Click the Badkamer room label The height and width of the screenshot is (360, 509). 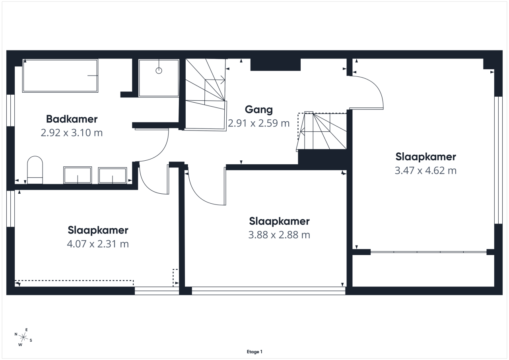72,119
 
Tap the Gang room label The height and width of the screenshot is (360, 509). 258,110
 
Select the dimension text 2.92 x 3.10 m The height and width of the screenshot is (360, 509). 72,133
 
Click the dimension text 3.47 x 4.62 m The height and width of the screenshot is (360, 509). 425,171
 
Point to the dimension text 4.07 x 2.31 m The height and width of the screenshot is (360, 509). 98,244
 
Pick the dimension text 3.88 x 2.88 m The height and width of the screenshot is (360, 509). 279,235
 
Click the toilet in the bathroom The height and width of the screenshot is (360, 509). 35,170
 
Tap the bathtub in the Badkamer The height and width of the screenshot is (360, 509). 60,76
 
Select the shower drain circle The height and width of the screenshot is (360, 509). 159,71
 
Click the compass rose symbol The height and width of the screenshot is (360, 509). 23,337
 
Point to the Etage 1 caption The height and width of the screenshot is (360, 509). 254,352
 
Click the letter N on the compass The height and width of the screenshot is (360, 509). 16,334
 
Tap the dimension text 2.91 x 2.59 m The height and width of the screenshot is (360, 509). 259,123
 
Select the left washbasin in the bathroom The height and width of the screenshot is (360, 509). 78,175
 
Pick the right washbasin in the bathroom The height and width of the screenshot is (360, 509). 113,175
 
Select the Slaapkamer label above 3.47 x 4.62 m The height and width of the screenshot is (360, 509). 425,157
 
